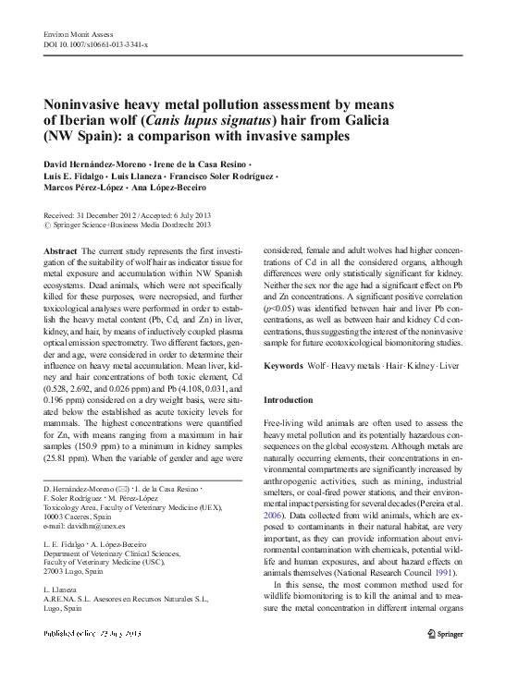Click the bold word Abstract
[61, 251]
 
